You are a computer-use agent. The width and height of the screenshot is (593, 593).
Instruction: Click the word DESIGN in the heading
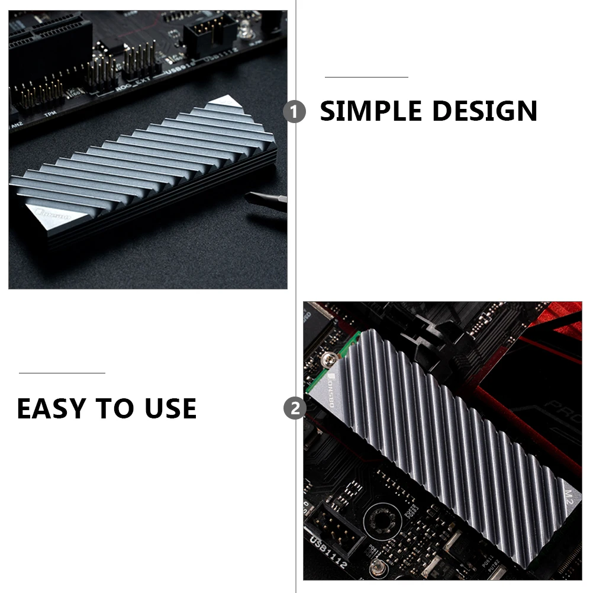(x=484, y=111)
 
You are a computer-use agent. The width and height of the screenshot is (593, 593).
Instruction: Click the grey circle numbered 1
(x=294, y=111)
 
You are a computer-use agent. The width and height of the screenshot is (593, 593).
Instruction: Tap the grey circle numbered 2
(x=294, y=408)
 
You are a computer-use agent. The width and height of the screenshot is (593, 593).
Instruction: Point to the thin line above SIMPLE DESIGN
(x=366, y=77)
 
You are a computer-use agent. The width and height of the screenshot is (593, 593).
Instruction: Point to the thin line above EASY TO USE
(x=62, y=373)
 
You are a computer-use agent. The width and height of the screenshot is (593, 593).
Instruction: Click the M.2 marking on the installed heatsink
(x=569, y=495)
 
